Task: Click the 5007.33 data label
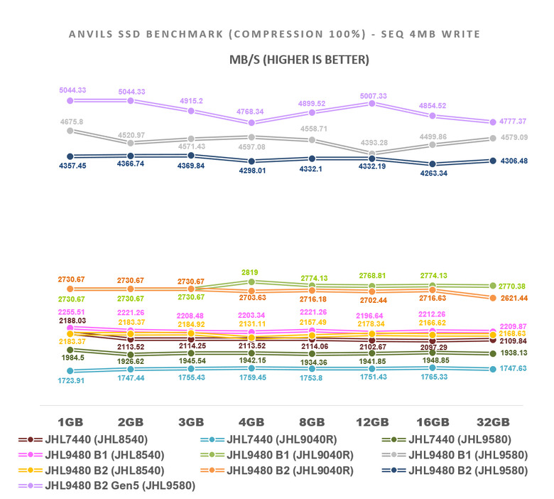[x=373, y=96]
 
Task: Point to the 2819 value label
[x=249, y=272]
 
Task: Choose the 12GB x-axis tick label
[x=371, y=421]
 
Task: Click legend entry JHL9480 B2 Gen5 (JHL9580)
[x=119, y=485]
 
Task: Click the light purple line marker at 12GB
[x=371, y=104]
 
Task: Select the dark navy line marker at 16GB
[x=432, y=163]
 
